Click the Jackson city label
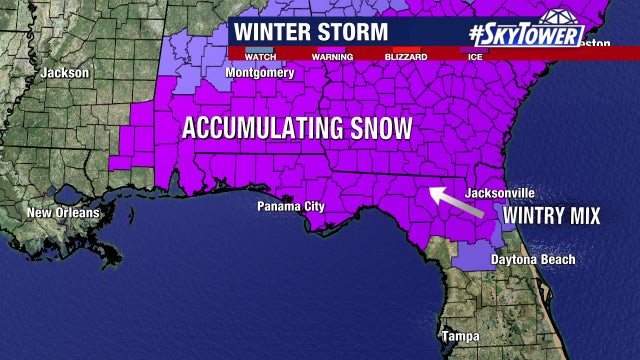point(65,72)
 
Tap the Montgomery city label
point(260,73)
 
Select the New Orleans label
point(63,213)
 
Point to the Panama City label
point(291,207)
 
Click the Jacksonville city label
point(501,193)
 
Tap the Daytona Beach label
point(533,260)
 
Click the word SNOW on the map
point(379,128)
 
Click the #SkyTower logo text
point(526,34)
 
